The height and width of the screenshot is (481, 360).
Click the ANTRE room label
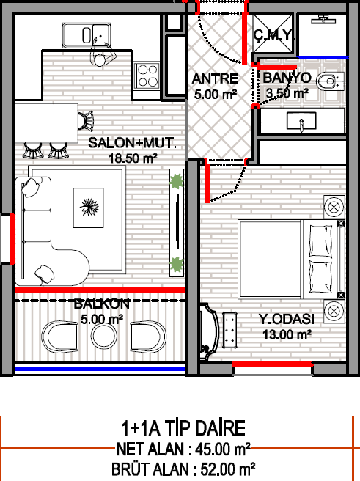click(215, 79)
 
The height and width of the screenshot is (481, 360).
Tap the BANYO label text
click(287, 78)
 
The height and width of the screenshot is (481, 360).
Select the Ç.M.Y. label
click(273, 35)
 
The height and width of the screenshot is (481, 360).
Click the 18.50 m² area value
click(133, 158)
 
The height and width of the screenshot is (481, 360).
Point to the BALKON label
click(101, 304)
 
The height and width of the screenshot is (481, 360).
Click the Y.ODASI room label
click(287, 319)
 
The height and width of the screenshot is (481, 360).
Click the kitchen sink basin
click(87, 35)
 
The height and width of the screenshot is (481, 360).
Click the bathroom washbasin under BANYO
click(301, 121)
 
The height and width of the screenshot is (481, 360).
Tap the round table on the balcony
click(103, 336)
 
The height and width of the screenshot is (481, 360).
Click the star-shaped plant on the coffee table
click(89, 207)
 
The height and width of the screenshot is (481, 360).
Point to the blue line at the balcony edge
click(100, 369)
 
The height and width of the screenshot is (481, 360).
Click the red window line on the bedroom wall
click(272, 364)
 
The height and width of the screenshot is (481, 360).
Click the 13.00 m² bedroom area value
click(287, 334)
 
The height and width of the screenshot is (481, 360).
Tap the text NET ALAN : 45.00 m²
click(183, 449)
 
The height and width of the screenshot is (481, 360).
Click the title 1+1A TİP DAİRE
click(183, 428)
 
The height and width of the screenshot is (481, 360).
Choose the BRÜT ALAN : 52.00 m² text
click(183, 469)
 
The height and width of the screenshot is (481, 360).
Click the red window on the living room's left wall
click(12, 239)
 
